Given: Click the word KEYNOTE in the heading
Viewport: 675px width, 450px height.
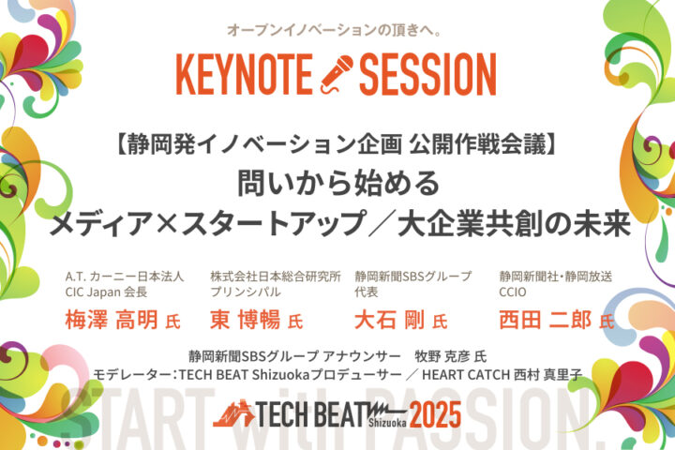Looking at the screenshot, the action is click(244, 74).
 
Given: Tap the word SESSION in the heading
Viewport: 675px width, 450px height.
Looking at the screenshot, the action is click(427, 74).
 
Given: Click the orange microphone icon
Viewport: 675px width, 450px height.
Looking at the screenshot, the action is click(337, 74).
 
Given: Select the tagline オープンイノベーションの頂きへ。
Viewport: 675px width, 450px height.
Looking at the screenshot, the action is click(335, 30).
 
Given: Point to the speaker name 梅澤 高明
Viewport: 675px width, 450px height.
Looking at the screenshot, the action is click(111, 320).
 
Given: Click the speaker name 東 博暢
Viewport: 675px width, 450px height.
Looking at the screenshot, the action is click(245, 320).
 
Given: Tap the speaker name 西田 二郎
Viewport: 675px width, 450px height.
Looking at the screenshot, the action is click(545, 320).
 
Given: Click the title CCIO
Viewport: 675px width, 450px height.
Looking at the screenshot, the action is click(512, 292).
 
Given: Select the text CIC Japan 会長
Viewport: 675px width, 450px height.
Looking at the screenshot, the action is click(106, 292).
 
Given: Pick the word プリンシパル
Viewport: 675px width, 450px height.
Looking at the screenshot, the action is click(246, 292).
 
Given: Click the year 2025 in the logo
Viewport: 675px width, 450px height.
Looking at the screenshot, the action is click(435, 414).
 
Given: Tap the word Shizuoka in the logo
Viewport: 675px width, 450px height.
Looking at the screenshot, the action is click(387, 423).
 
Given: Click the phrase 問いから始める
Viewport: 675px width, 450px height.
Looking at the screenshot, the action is click(338, 183).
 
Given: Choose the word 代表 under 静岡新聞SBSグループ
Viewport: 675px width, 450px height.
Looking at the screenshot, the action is click(367, 292).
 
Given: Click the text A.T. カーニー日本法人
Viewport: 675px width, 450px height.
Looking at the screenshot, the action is click(125, 277).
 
